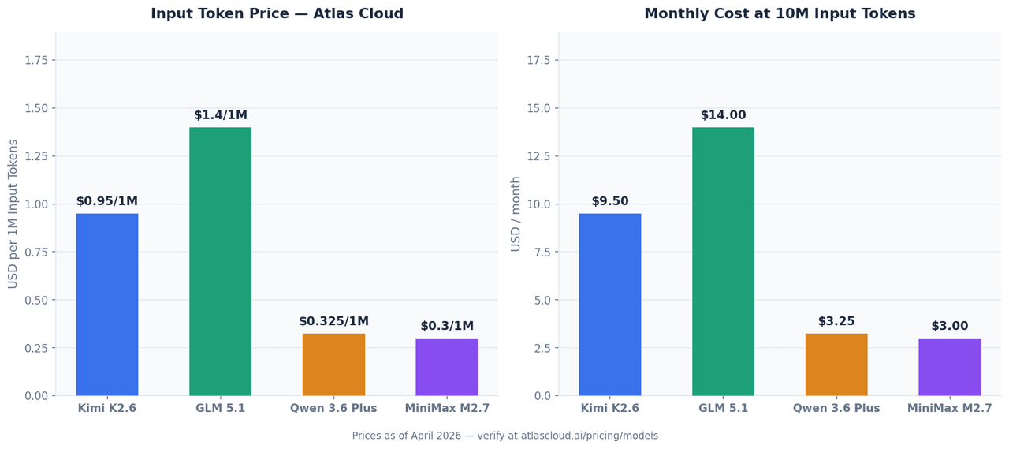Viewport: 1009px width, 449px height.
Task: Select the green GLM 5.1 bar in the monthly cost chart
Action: (x=723, y=261)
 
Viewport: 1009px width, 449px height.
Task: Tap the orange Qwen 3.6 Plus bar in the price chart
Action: (x=333, y=365)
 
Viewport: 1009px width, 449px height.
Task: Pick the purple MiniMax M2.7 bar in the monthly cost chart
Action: (x=949, y=367)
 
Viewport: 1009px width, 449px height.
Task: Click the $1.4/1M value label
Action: (x=221, y=115)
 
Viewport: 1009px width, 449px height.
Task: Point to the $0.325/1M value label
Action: (x=333, y=321)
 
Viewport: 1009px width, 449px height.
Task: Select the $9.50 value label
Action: (x=610, y=201)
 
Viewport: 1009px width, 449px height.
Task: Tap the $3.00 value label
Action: (x=949, y=326)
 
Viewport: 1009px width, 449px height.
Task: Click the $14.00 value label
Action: (x=723, y=115)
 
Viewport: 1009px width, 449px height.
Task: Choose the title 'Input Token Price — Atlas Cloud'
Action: (x=277, y=14)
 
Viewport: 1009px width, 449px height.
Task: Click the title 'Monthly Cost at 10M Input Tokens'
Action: (x=780, y=14)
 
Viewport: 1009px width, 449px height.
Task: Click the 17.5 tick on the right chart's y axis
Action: (x=538, y=60)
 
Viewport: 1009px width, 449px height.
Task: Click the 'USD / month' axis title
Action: (x=516, y=214)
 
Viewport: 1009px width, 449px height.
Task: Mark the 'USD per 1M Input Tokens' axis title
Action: (x=13, y=214)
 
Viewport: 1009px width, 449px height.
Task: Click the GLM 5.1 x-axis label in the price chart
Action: (x=221, y=409)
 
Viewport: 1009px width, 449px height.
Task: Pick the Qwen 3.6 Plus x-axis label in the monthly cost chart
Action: (x=836, y=409)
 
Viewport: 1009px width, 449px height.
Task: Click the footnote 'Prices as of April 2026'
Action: (x=504, y=436)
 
